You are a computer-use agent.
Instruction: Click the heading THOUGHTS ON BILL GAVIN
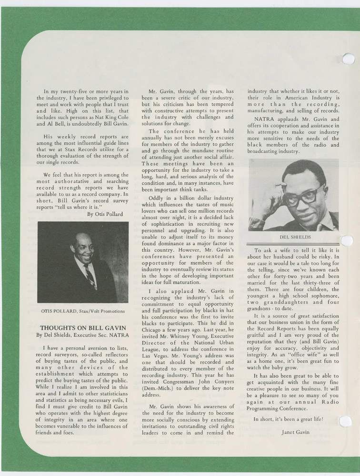pyautogui.click(x=83, y=328)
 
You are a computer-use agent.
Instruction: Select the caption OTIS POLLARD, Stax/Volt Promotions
pyautogui.click(x=83, y=312)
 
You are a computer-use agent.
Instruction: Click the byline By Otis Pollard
pyautogui.click(x=105, y=214)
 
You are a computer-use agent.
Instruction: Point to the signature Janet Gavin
pyautogui.click(x=295, y=432)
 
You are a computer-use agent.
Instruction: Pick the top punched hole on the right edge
pyautogui.click(x=348, y=59)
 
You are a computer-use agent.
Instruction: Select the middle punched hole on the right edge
pyautogui.click(x=347, y=241)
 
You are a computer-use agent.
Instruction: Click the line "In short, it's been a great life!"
pyautogui.click(x=288, y=419)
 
